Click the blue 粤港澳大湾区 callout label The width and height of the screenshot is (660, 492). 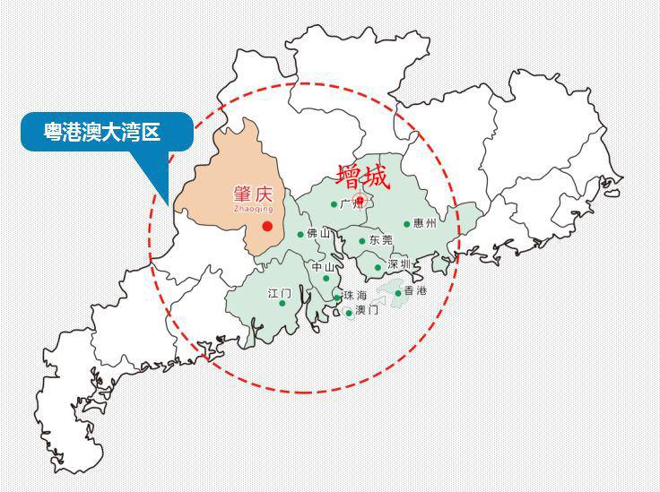[102, 132]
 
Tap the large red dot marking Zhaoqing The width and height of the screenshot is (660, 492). [267, 226]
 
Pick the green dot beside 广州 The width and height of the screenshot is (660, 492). [334, 204]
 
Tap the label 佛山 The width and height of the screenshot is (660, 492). [319, 234]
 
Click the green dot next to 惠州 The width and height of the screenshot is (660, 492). [407, 224]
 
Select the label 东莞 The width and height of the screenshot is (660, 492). [381, 240]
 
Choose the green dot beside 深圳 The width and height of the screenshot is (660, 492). [378, 267]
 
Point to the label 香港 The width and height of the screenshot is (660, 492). [415, 291]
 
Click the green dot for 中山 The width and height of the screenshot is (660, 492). [326, 278]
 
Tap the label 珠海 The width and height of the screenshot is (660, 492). [355, 296]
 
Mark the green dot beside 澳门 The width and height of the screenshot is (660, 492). [349, 312]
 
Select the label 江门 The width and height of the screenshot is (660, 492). [279, 293]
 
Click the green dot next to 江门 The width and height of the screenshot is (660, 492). [282, 303]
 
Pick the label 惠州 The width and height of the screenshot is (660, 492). [425, 223]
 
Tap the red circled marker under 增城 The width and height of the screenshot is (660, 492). [360, 200]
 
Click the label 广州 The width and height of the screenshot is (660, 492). [352, 204]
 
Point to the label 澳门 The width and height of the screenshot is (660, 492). [367, 310]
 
